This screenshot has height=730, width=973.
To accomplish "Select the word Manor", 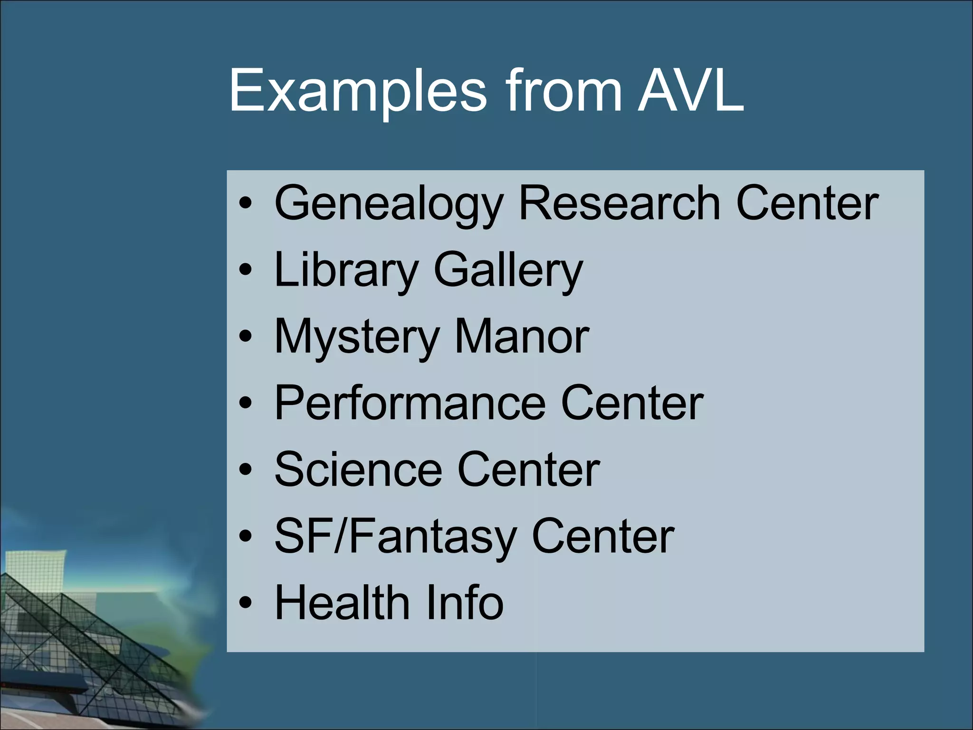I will [522, 336].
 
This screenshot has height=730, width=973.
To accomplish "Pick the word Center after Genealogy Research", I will [807, 203].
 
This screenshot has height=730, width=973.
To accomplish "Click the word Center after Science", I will [528, 470].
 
